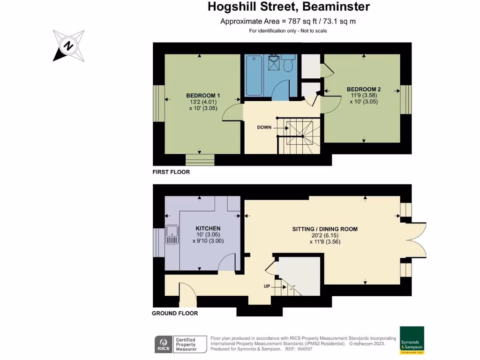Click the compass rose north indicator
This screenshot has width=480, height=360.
pyautogui.click(x=68, y=45)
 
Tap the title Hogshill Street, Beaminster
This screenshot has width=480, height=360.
pyautogui.click(x=289, y=7)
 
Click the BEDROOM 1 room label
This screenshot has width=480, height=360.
pyautogui.click(x=202, y=96)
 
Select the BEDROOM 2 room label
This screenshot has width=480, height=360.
pyautogui.click(x=363, y=89)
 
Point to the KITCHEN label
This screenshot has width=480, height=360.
pyautogui.click(x=208, y=228)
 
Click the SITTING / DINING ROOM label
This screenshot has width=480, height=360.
pyautogui.click(x=324, y=229)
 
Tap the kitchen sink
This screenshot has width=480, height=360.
pyautogui.click(x=172, y=234)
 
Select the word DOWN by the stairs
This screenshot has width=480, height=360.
pyautogui.click(x=264, y=127)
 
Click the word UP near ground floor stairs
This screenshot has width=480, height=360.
pyautogui.click(x=266, y=286)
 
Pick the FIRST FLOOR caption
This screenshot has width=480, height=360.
pyautogui.click(x=171, y=172)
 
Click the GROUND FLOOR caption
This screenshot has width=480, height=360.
pyautogui.click(x=175, y=313)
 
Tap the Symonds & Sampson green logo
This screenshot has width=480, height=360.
pyautogui.click(x=412, y=339)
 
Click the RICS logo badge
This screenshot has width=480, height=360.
pyautogui.click(x=163, y=345)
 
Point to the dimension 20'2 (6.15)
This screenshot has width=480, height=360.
pyautogui.click(x=324, y=236)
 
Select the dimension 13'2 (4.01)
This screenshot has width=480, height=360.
pyautogui.click(x=202, y=102)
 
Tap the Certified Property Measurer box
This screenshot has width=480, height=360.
pyautogui.click(x=190, y=345)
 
